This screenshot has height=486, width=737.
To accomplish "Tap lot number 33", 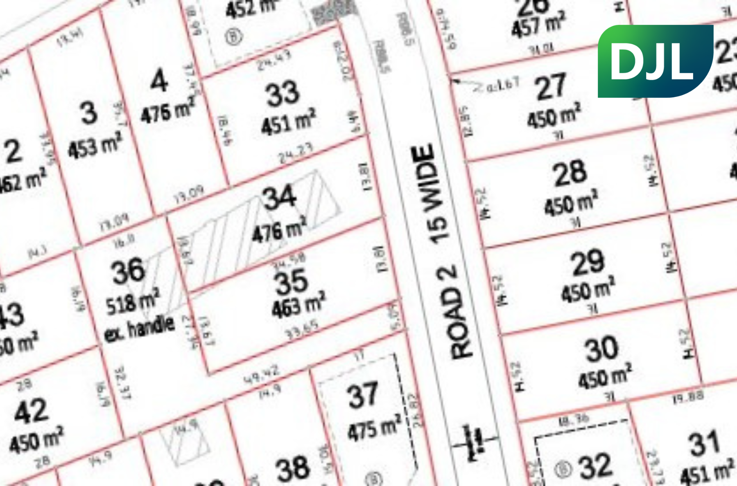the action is tap(283, 94).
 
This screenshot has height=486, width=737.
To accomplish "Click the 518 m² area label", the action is tap(133, 302).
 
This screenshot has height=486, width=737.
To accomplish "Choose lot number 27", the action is tap(551, 87).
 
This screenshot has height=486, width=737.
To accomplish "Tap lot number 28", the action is tap(570, 173).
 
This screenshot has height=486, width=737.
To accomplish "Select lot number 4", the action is tap(159, 81).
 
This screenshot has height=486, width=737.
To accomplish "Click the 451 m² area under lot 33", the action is tap(289, 122).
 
